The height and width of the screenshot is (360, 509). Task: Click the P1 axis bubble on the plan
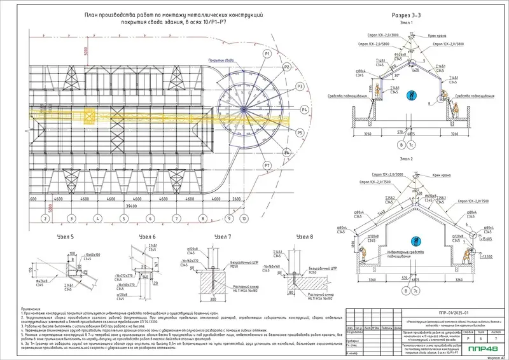[268, 54]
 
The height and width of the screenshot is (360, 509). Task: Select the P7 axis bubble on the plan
[268, 166]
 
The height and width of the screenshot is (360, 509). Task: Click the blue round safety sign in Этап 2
[417, 240]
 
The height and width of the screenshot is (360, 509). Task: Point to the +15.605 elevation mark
[488, 239]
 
